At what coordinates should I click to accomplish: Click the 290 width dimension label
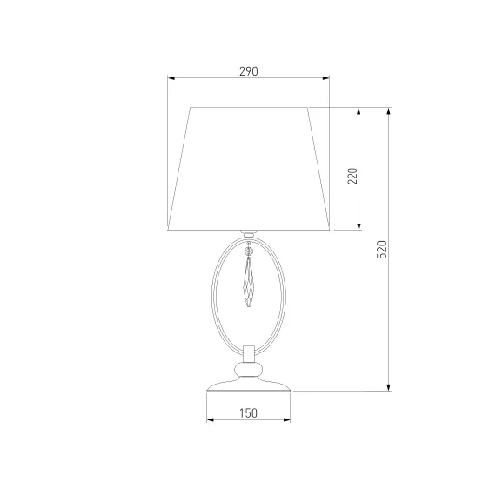[x=249, y=72]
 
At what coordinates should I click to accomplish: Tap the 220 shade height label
[x=352, y=176]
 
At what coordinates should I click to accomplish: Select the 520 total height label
[x=382, y=250]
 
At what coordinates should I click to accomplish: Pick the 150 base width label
[x=248, y=413]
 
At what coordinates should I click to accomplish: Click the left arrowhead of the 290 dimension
[x=171, y=78]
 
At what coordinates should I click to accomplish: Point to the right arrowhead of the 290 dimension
[x=325, y=78]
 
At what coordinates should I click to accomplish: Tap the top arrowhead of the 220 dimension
[x=359, y=111]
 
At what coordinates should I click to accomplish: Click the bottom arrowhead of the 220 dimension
[x=359, y=226]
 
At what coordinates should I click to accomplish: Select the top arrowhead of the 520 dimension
[x=389, y=111]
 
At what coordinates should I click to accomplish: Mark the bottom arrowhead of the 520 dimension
[x=389, y=387]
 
